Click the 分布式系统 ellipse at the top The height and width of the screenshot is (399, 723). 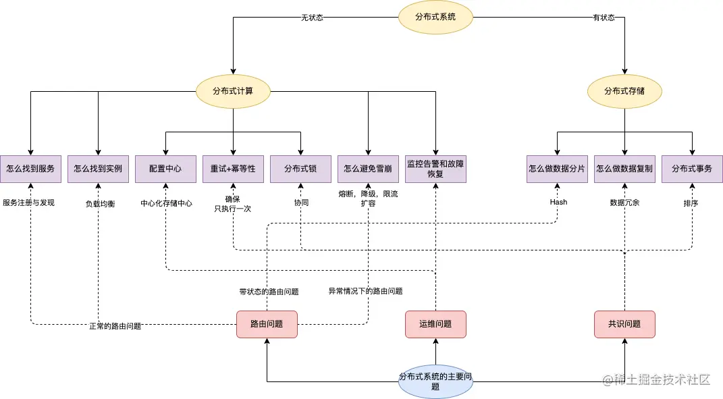pyautogui.click(x=435, y=17)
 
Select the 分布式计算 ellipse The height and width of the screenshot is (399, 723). pyautogui.click(x=233, y=91)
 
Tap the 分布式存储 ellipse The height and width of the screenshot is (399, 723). pyautogui.click(x=624, y=91)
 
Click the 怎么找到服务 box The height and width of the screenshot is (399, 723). pyautogui.click(x=30, y=169)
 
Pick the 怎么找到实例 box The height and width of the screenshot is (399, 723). pyautogui.click(x=98, y=169)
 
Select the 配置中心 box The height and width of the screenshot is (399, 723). pyautogui.click(x=165, y=169)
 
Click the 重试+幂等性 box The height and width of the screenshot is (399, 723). pyautogui.click(x=233, y=169)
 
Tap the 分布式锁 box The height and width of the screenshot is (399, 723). pyautogui.click(x=300, y=169)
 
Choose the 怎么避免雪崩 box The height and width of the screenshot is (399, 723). pyautogui.click(x=368, y=169)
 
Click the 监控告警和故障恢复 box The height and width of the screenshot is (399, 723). pyautogui.click(x=435, y=169)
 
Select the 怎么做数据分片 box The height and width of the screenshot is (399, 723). pyautogui.click(x=557, y=169)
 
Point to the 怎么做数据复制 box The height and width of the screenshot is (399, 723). pyautogui.click(x=624, y=169)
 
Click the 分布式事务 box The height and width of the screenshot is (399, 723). pyautogui.click(x=692, y=169)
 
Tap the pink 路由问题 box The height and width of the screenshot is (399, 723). pyautogui.click(x=267, y=324)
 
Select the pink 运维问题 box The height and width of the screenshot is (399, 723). pyautogui.click(x=435, y=324)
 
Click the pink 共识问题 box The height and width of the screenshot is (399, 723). pyautogui.click(x=624, y=324)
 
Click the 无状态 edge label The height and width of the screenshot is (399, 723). pyautogui.click(x=312, y=18)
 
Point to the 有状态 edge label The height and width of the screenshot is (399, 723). pyautogui.click(x=604, y=18)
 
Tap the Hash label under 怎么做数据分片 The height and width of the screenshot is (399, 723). pyautogui.click(x=558, y=202)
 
